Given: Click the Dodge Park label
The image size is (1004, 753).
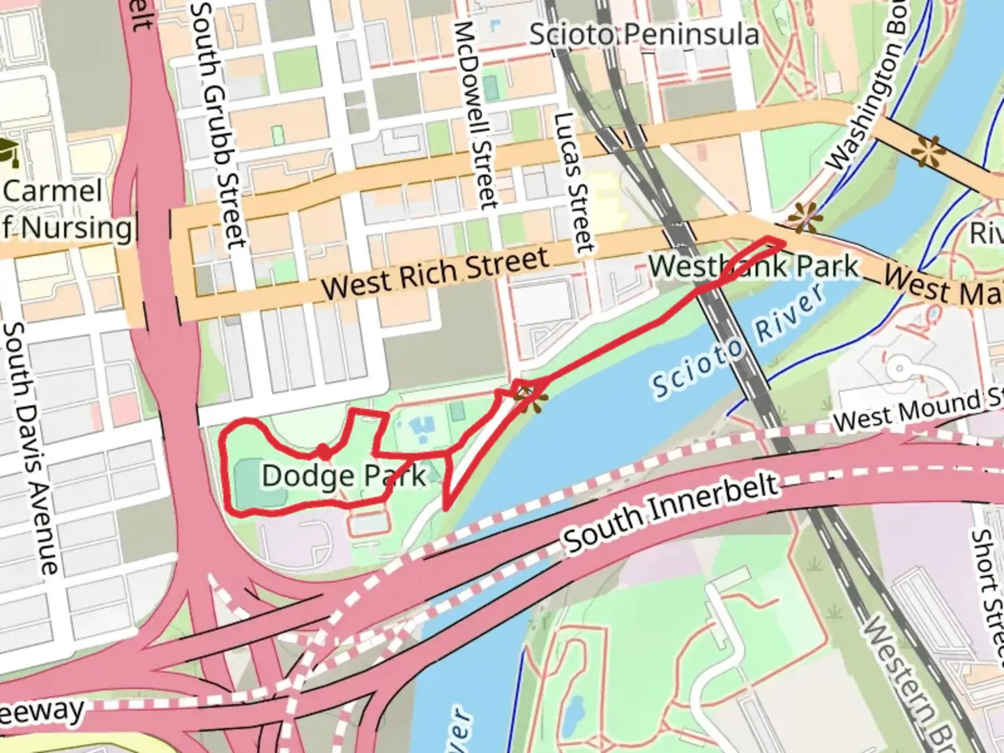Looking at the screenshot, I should [x=344, y=476].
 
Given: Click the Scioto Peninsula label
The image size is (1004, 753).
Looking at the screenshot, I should [x=644, y=34].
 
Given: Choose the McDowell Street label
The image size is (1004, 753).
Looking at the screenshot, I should [x=476, y=115].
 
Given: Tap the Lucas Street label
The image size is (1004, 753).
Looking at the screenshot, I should [x=572, y=183].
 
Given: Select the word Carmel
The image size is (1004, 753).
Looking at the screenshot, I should [x=53, y=190].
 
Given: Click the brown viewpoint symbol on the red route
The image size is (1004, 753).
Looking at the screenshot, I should [x=531, y=397].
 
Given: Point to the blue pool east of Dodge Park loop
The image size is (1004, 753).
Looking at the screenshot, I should [x=422, y=429].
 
